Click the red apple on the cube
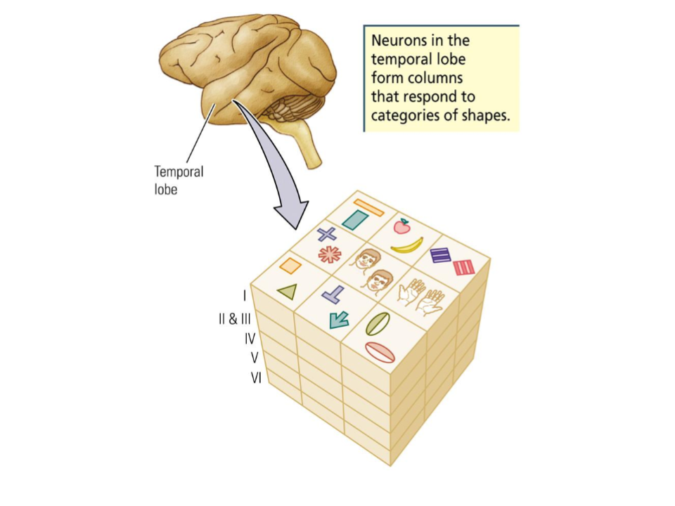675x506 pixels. click(401, 226)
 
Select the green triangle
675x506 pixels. click(287, 292)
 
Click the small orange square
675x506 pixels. click(290, 266)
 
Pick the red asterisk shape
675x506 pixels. click(329, 254)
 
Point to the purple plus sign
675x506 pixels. click(326, 234)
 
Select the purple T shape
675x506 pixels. click(333, 294)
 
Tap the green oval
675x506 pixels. click(378, 324)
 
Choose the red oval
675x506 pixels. click(380, 351)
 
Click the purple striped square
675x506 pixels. click(441, 255)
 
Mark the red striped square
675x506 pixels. click(464, 268)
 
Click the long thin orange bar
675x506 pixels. click(368, 207)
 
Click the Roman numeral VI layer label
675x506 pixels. click(256, 378)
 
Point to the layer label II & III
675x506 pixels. click(234, 319)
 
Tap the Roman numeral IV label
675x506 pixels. click(250, 339)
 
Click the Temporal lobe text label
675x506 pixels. click(179, 180)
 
